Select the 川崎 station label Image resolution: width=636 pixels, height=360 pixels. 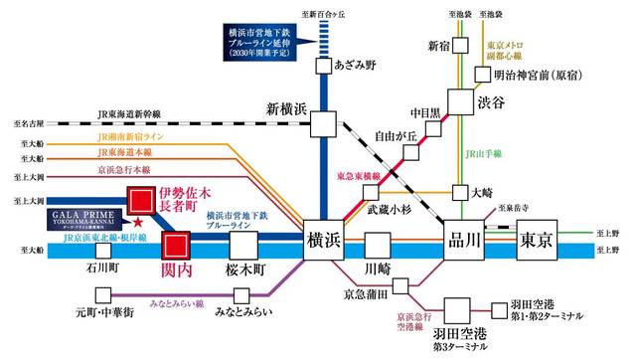tap(378, 270)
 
